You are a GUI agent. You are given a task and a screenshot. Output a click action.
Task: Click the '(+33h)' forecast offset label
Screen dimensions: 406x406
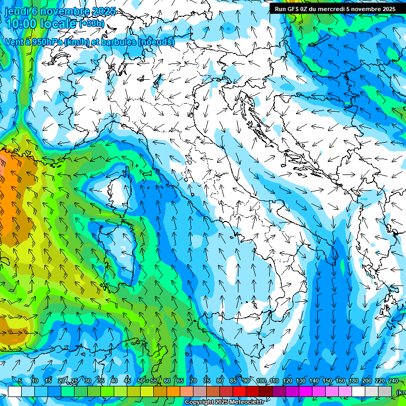point(92,24)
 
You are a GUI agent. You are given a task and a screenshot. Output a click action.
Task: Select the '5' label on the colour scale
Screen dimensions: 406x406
point(20,381)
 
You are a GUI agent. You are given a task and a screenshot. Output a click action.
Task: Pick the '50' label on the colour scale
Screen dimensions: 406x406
point(140,381)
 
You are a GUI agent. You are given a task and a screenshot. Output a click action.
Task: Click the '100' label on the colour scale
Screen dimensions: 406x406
point(261,381)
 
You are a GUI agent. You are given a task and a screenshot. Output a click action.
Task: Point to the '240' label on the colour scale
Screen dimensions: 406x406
point(393,381)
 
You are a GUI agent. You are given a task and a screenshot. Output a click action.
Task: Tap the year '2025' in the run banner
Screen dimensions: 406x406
point(387,9)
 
